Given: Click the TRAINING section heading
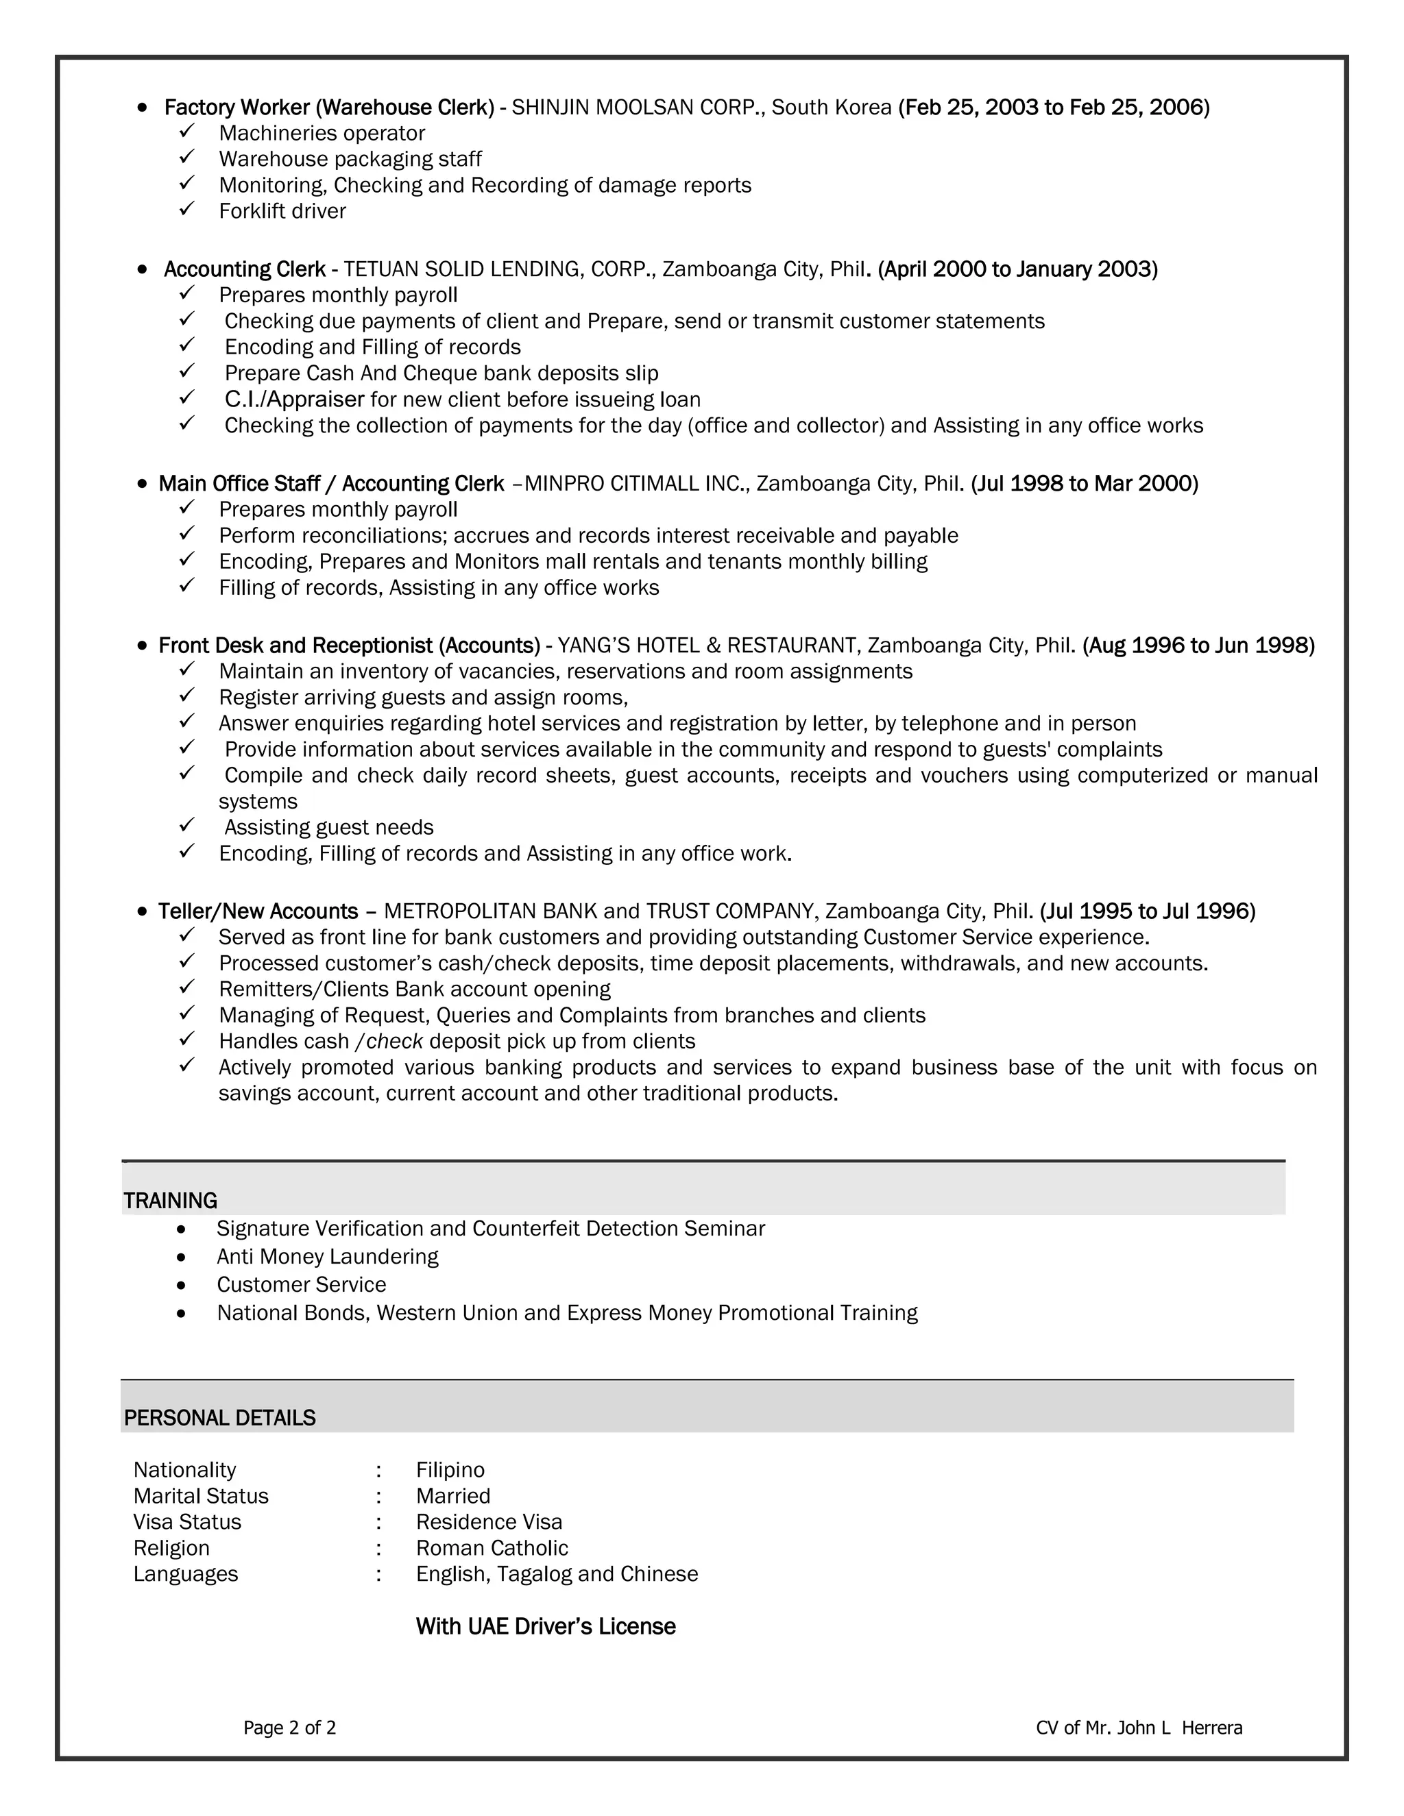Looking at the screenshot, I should pos(170,1201).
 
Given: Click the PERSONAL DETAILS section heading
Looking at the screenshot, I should pos(219,1418).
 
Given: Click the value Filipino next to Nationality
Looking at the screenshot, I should pos(450,1470).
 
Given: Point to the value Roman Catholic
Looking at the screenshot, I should pos(492,1548).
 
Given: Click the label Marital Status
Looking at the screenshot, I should pos(200,1496).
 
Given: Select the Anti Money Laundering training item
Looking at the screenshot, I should pos(327,1256).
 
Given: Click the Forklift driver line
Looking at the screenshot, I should pos(282,211).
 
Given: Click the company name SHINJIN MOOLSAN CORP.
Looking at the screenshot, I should pos(638,108).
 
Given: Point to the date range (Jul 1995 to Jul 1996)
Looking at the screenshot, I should pos(1147,911).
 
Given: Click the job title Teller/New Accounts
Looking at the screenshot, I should pos(258,911).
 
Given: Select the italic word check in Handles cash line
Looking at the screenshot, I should pos(395,1041).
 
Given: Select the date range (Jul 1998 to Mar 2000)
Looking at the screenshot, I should pos(1084,484).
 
